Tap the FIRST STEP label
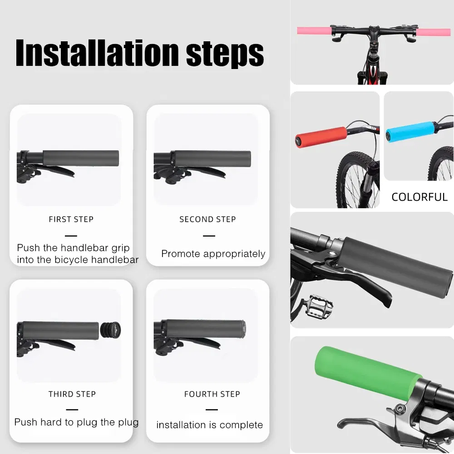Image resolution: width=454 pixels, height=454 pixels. pos(71,219)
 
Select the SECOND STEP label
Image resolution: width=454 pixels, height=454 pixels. pos(207,219)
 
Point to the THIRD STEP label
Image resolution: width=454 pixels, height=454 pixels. pos(72,394)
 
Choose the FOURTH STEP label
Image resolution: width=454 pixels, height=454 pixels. pos(212,394)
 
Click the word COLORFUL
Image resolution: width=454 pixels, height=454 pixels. pos(419,197)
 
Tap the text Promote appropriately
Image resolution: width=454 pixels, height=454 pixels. pos(213,254)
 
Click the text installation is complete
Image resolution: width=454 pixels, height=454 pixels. pos(210,425)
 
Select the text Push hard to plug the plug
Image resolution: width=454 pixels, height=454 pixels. pos(76,422)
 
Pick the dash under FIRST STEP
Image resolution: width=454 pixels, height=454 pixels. pos(71,236)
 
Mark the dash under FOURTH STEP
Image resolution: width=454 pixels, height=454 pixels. pos(212,410)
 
